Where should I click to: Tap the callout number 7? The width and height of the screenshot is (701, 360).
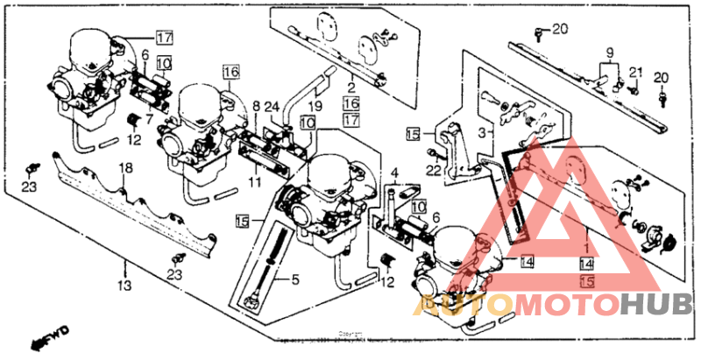(x=148, y=119)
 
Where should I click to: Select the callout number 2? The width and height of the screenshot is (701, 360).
(x=350, y=87)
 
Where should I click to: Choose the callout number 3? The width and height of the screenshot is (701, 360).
(x=480, y=131)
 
